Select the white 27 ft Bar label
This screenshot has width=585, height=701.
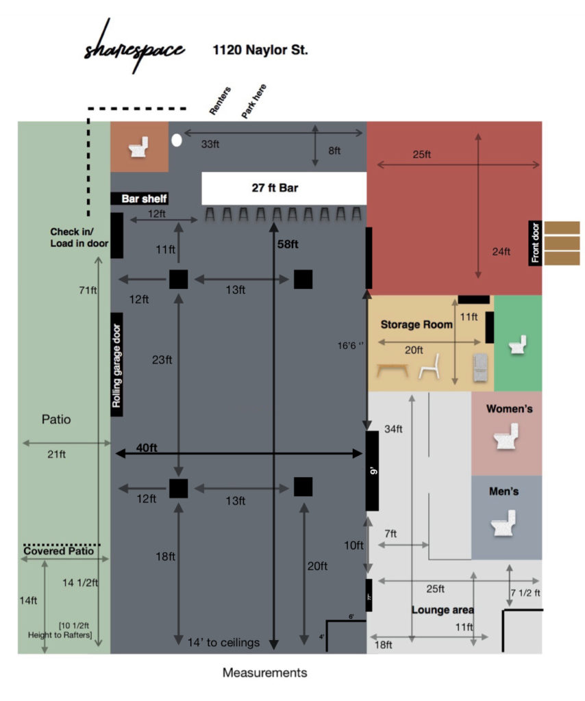click(x=284, y=188)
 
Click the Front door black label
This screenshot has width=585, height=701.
click(x=535, y=243)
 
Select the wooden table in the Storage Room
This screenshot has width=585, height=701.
click(x=393, y=370)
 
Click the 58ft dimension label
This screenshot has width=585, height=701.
click(x=288, y=244)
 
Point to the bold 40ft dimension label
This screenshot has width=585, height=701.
click(x=147, y=448)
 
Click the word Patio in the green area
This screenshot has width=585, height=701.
click(x=56, y=420)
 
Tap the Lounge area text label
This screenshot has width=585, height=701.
click(x=443, y=609)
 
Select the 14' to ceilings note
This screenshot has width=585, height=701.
click(x=224, y=642)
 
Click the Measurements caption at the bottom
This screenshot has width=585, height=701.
click(x=264, y=673)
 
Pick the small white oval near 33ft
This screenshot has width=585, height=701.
click(x=176, y=140)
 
